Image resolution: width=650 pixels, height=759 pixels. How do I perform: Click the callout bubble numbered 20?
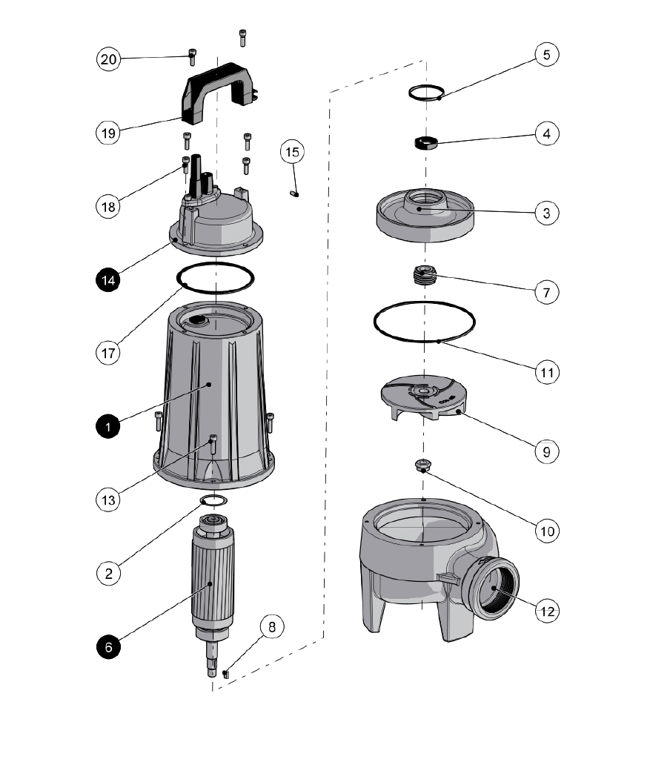109,59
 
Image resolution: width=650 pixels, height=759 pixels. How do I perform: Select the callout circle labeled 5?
546,55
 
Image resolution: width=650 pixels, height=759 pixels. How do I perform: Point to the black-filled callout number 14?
109,279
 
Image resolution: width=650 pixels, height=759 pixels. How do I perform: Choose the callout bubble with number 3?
546,213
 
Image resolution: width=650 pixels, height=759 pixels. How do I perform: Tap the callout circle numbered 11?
546,371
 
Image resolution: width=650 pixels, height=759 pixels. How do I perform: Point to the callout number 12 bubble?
546,611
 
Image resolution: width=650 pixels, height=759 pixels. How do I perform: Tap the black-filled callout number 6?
109,646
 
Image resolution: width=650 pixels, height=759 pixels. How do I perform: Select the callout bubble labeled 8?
272,626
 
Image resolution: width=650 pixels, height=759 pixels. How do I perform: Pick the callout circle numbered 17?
109,352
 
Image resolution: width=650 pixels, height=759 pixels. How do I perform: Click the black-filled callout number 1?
109,427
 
